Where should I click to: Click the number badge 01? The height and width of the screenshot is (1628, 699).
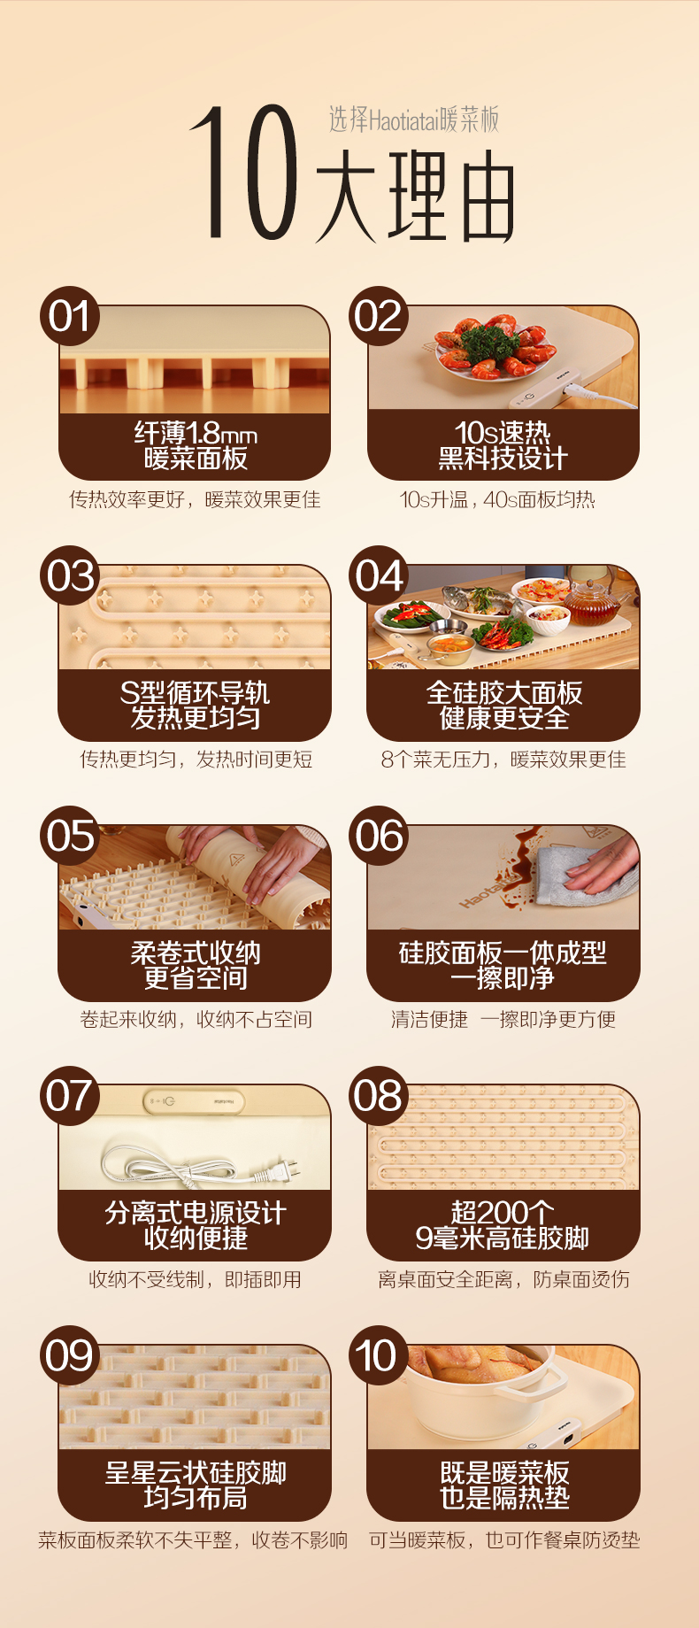(x=69, y=317)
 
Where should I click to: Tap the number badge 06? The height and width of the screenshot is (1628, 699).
(x=379, y=836)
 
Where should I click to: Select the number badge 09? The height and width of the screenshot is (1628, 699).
(x=69, y=1355)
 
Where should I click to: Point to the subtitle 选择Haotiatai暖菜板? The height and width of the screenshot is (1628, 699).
(x=414, y=120)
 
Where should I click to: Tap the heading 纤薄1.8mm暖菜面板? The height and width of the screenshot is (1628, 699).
(x=196, y=445)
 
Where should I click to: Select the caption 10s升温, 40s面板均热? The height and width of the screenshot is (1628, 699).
(x=497, y=499)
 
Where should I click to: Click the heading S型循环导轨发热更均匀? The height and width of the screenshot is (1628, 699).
(x=196, y=705)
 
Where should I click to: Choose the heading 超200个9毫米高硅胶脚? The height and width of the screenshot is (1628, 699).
(x=503, y=1225)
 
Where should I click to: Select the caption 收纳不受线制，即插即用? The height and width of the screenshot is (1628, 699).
(x=196, y=1279)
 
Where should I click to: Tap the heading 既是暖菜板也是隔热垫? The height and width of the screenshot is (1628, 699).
(x=504, y=1485)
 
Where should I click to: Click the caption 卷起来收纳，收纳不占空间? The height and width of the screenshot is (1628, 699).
(x=196, y=1019)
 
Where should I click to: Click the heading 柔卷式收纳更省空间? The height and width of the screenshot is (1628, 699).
(x=196, y=965)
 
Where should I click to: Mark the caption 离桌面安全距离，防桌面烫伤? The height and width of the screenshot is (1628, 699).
(x=503, y=1279)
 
